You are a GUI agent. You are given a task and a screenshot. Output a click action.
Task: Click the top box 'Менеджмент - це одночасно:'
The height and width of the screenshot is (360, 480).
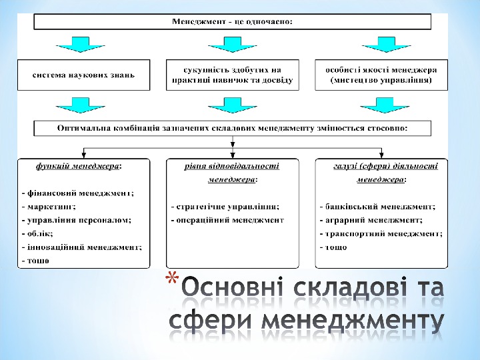(232, 21)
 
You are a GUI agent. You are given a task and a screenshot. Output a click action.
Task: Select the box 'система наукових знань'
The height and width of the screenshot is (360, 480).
(83, 75)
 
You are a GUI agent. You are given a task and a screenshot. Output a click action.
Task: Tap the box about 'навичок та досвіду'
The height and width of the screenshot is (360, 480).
(232, 75)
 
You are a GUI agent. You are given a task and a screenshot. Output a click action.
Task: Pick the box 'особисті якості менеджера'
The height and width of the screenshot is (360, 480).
(381, 75)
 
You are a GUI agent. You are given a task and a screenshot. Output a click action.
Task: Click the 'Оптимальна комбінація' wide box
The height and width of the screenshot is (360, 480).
(232, 127)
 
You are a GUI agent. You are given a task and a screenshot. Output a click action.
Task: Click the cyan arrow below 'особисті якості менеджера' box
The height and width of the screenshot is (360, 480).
(381, 105)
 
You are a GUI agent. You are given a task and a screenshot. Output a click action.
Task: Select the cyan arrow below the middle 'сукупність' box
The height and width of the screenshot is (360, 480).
(232, 105)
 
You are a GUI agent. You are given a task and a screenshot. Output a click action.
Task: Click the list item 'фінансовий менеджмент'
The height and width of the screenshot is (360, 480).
(78, 193)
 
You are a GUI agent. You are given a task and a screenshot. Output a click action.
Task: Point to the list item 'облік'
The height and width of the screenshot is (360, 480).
(38, 233)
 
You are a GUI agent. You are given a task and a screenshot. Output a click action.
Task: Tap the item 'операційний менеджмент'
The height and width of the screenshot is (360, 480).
(227, 220)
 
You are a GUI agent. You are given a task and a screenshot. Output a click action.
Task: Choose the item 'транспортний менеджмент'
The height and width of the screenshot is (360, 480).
(380, 233)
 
